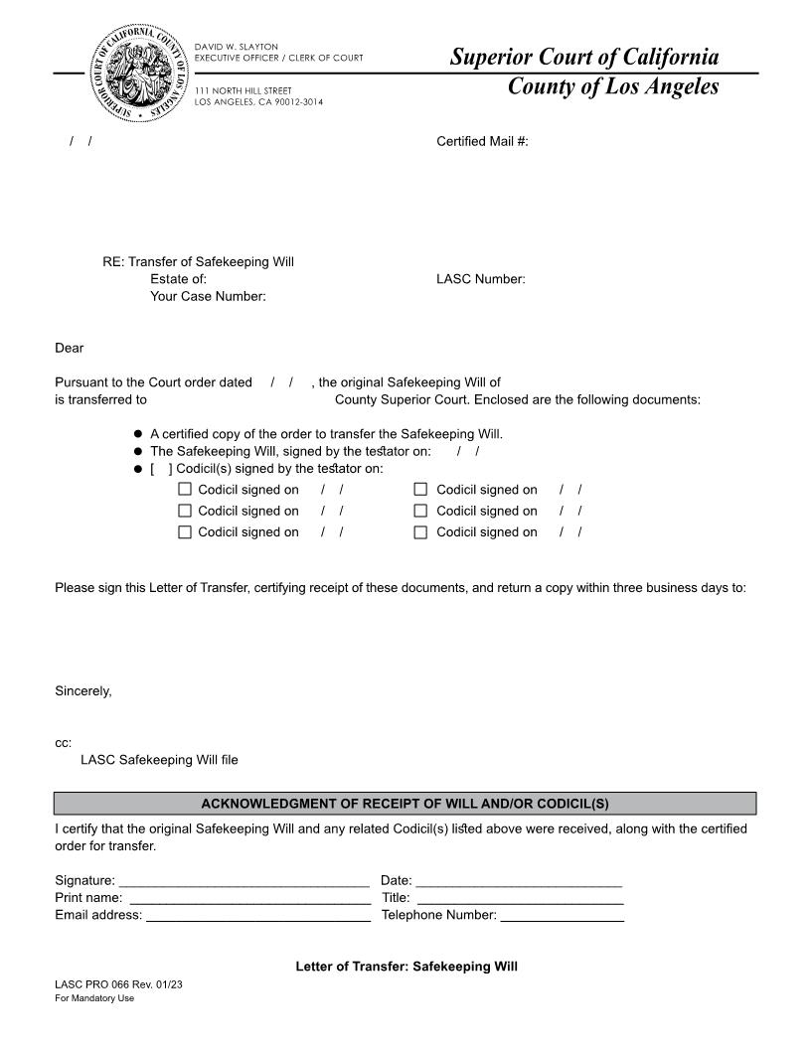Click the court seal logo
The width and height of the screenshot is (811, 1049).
click(140, 75)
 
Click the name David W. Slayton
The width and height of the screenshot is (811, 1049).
click(237, 47)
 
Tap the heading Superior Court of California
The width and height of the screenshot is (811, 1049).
click(583, 57)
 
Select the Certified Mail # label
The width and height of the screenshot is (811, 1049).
click(482, 141)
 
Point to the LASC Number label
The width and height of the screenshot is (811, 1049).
click(480, 279)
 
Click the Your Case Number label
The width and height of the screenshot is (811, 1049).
click(208, 296)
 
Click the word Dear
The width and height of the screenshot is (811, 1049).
click(70, 348)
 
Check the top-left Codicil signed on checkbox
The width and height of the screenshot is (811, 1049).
click(185, 489)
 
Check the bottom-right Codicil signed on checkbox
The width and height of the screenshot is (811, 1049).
click(420, 531)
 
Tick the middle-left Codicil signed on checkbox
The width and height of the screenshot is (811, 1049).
click(185, 511)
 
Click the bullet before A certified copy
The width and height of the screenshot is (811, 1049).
click(138, 434)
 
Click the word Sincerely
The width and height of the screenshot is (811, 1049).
click(83, 691)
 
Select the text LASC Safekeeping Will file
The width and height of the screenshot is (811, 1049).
click(159, 760)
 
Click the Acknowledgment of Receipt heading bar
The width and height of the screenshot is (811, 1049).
click(405, 804)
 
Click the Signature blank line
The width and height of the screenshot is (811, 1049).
click(243, 881)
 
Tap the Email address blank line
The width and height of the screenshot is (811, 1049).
click(258, 917)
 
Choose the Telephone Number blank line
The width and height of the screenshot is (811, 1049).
click(562, 917)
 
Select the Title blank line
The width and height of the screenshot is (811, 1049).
click(520, 899)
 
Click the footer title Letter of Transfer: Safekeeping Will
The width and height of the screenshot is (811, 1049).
click(406, 967)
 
